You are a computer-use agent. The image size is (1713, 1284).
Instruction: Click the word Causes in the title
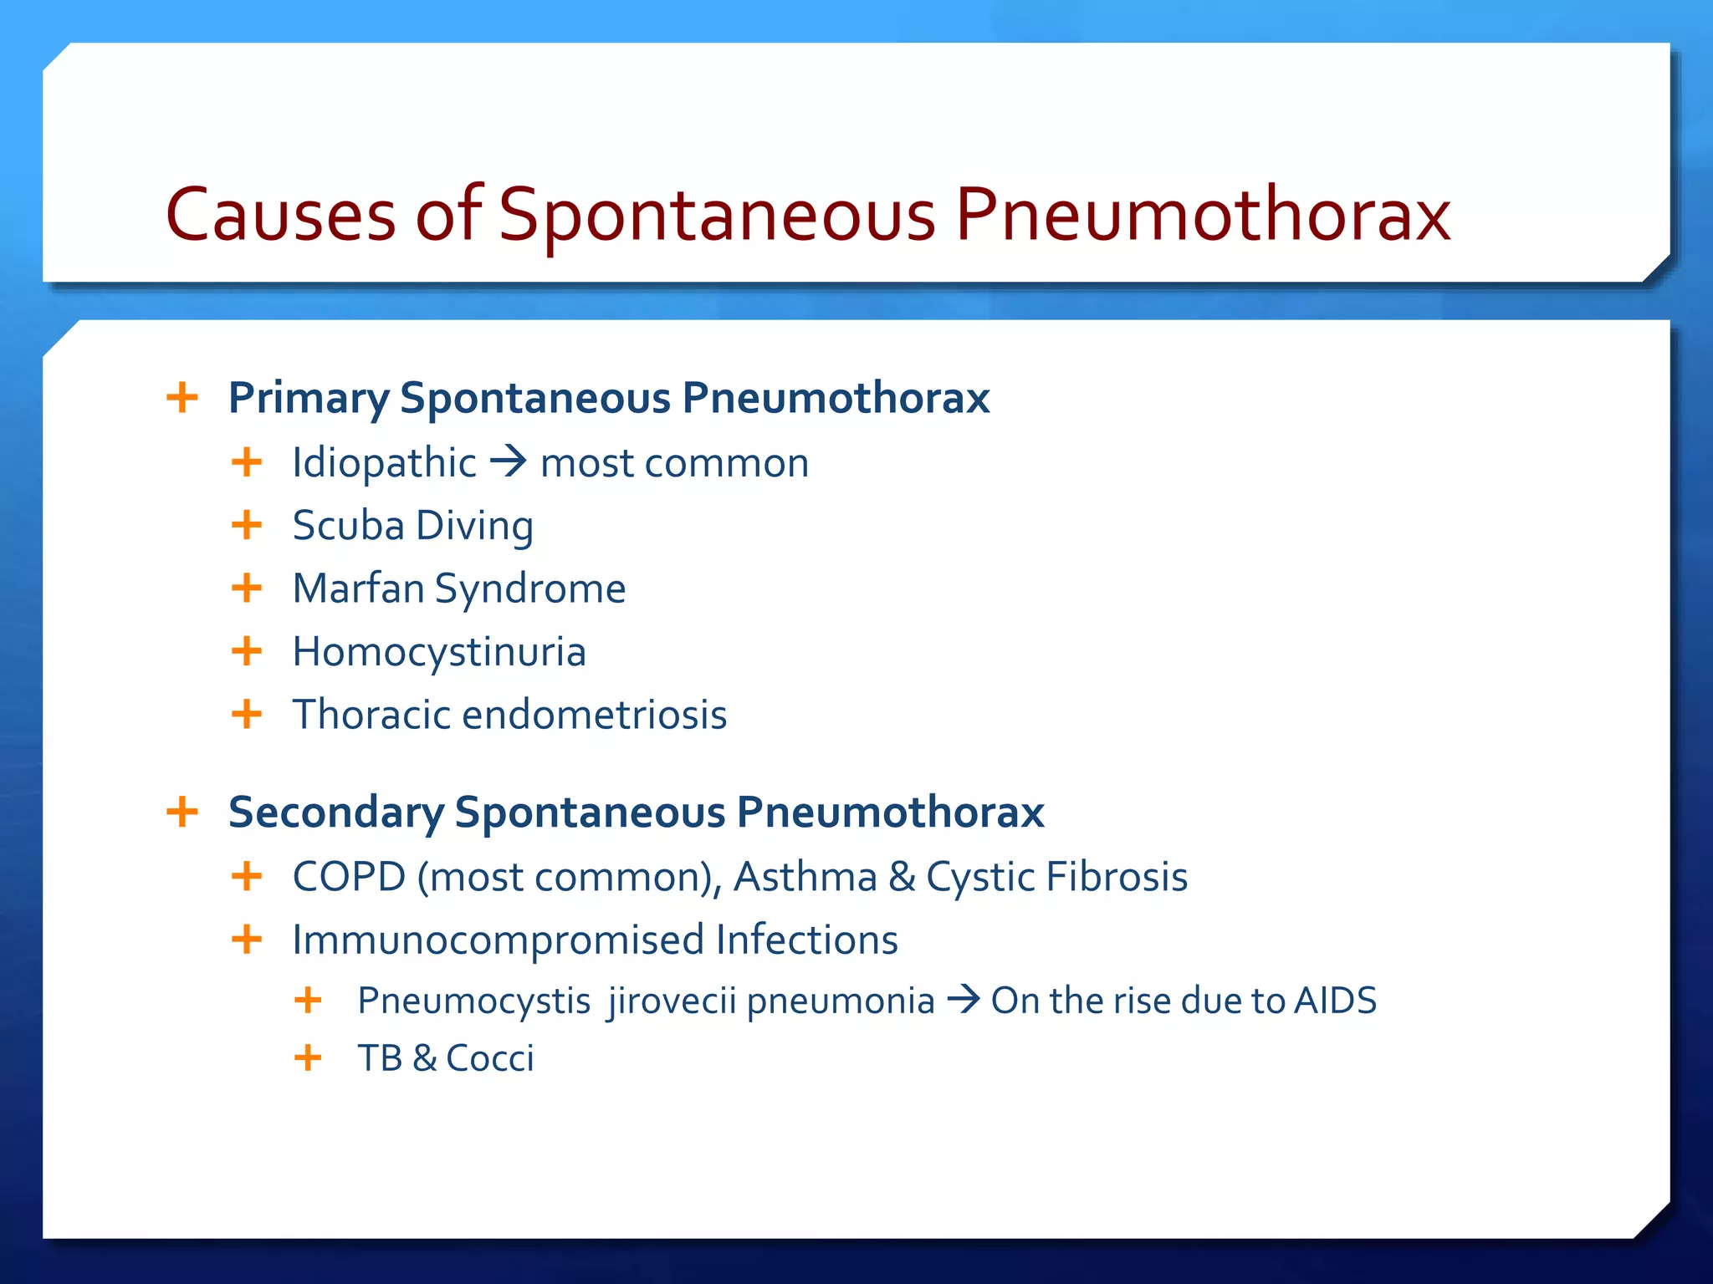click(280, 216)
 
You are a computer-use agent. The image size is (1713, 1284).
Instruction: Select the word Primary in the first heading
click(308, 398)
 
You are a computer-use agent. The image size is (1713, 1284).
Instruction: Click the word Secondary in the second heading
click(335, 813)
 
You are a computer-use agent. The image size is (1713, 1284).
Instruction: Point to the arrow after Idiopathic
click(508, 461)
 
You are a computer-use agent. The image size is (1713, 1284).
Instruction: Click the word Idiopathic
click(384, 462)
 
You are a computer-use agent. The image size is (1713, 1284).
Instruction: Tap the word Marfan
click(358, 588)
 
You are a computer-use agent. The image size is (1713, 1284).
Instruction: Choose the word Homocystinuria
click(439, 652)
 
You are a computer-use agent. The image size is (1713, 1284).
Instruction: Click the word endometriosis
click(594, 715)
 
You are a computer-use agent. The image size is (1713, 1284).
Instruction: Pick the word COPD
click(349, 877)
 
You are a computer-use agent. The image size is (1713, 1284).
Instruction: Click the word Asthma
click(805, 877)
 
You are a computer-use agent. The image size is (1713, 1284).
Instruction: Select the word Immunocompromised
click(498, 940)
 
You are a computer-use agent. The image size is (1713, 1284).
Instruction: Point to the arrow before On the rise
click(963, 1000)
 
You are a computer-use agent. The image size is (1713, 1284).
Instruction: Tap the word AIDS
click(1335, 1001)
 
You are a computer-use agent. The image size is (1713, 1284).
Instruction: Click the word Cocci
click(489, 1058)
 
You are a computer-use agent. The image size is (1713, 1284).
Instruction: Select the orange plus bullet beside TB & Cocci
click(308, 1057)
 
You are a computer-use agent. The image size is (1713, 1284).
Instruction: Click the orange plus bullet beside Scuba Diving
click(247, 526)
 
